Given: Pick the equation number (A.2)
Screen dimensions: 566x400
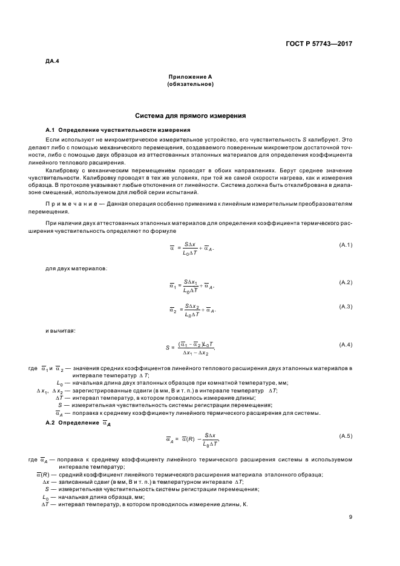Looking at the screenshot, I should coord(345,282).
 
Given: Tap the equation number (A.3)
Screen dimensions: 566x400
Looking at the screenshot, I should coord(345,307).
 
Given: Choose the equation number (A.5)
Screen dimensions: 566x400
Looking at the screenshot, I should coord(345,435).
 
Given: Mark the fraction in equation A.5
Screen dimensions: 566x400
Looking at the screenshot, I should coord(210,439).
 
